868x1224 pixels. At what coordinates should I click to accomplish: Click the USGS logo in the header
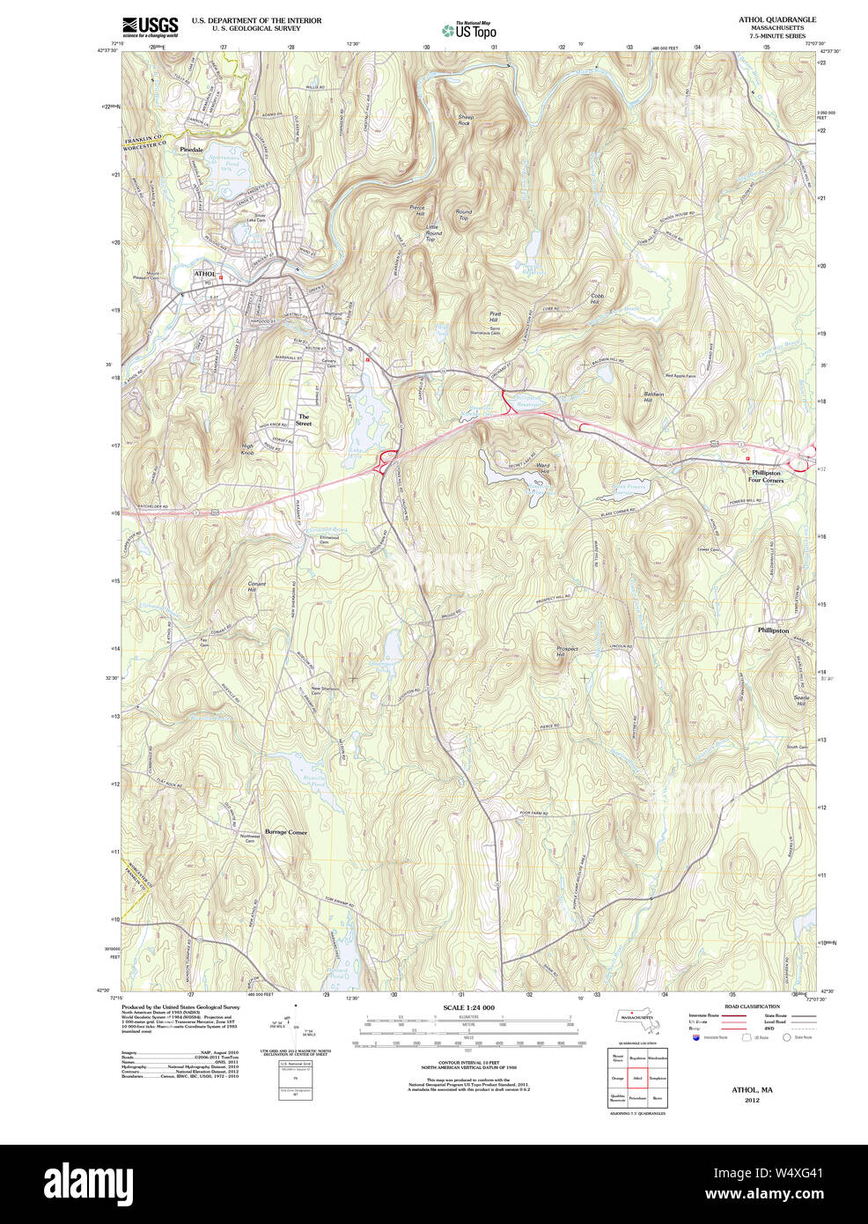150,26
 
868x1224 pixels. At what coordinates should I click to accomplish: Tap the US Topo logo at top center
469,30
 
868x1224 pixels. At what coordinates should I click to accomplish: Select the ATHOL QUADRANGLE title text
776,19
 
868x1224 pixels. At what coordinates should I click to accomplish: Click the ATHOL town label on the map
204,274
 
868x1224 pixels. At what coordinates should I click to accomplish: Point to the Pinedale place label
191,150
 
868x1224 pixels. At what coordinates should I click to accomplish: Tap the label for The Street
303,420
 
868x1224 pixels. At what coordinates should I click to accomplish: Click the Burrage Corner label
286,831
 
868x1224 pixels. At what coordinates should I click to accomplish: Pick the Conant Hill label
256,586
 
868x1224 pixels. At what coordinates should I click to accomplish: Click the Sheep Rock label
465,120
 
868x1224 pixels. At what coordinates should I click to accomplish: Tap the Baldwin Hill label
653,397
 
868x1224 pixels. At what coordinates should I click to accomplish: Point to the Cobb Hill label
598,299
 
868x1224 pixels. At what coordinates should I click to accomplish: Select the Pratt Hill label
495,316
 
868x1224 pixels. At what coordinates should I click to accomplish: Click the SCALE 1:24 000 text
468,1007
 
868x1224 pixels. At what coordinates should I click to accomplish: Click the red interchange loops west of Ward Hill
386,460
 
